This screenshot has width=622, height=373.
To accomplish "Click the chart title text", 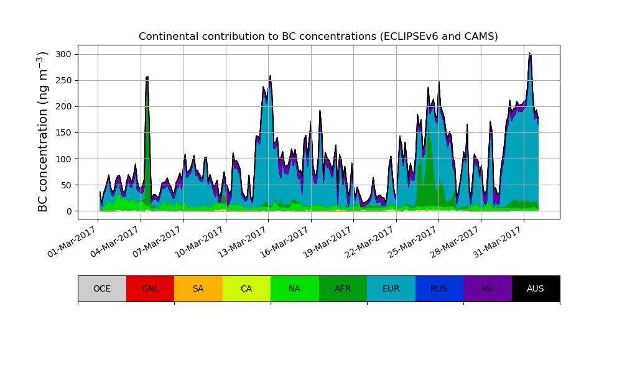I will (318, 37).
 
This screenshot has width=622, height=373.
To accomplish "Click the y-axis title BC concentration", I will (43, 132).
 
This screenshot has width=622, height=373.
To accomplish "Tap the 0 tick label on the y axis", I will (68, 211).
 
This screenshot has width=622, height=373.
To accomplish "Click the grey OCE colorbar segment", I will (102, 288).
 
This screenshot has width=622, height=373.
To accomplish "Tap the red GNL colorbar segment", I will (150, 288).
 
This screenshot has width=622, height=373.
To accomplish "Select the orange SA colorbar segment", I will (198, 288).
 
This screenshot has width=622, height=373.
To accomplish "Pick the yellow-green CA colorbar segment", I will (246, 288).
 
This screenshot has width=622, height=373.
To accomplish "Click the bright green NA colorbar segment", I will (295, 288).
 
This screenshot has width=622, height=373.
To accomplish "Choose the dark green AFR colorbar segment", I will (343, 288).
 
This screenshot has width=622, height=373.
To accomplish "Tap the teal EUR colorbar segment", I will (391, 288).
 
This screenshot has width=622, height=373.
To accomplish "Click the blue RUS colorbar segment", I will (439, 288).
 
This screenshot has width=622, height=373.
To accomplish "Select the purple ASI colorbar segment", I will (488, 288).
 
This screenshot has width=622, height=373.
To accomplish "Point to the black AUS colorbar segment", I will (536, 288).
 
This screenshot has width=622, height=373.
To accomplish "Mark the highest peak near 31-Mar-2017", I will (530, 54).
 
